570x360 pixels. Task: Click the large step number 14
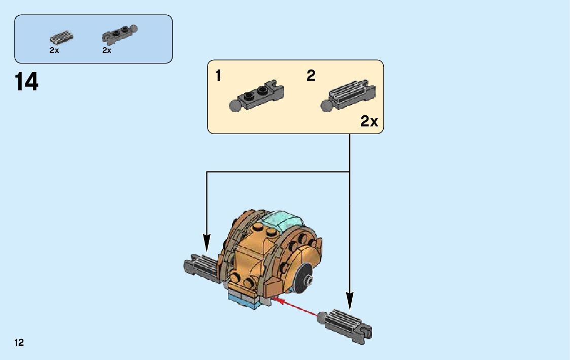(x=27, y=82)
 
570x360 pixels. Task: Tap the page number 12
(x=19, y=343)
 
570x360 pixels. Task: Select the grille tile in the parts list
(x=61, y=38)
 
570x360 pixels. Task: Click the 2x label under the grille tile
(x=54, y=50)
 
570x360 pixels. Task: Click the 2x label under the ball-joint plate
(x=107, y=50)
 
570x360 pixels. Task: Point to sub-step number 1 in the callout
(x=218, y=76)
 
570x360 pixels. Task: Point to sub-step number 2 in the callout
(x=311, y=76)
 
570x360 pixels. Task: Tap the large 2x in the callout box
(x=369, y=122)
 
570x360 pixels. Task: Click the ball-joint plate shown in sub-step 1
(x=258, y=95)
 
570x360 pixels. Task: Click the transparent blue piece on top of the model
(x=282, y=221)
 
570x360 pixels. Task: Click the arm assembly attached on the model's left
(x=201, y=265)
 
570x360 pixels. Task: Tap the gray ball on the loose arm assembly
(x=322, y=317)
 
